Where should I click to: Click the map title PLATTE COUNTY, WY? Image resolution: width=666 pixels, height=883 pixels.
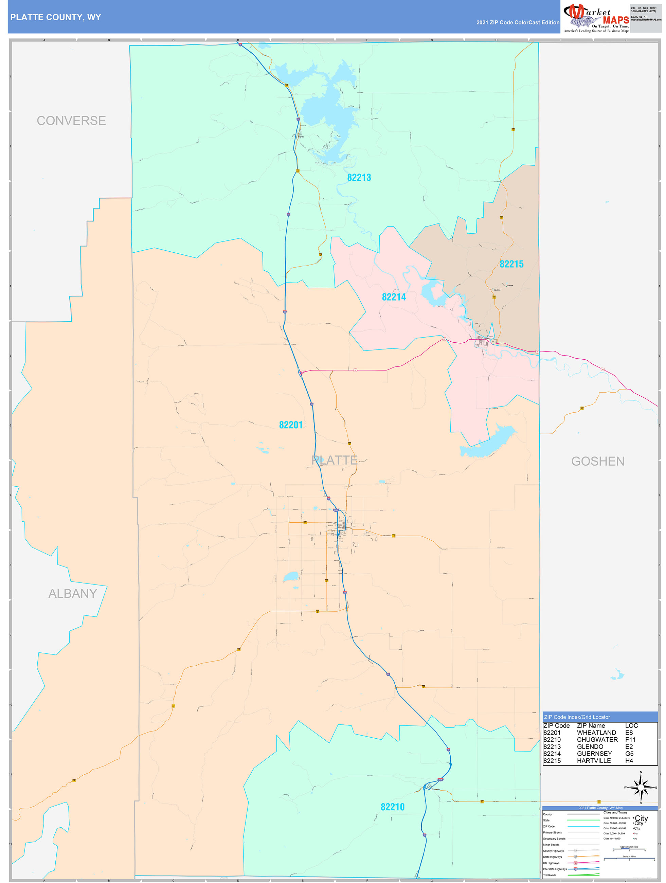(x=55, y=17)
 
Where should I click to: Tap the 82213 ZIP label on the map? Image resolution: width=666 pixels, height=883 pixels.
(x=359, y=178)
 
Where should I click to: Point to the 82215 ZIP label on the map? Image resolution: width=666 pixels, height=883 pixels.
(x=511, y=264)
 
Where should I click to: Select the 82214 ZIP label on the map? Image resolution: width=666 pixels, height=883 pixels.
(x=393, y=297)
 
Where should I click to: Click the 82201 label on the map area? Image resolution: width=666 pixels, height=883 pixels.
(x=291, y=425)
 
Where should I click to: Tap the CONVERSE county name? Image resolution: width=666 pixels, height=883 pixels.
(x=71, y=121)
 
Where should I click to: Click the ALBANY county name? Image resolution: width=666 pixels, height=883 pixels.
(x=72, y=594)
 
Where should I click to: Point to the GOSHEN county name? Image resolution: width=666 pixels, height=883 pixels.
(x=597, y=462)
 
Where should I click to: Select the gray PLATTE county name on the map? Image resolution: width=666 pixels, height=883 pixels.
(x=334, y=460)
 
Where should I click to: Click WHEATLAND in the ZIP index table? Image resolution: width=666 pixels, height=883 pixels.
(x=596, y=733)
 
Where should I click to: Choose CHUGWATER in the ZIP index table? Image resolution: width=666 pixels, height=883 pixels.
(x=597, y=740)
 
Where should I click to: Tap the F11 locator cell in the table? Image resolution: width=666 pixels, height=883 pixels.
(x=630, y=740)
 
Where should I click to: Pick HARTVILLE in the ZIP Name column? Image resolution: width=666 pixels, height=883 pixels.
(x=593, y=761)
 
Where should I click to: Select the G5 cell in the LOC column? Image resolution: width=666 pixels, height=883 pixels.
(x=629, y=754)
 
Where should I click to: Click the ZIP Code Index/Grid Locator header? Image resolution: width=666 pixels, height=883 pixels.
(x=577, y=717)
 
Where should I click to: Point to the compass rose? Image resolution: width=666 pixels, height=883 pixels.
(x=641, y=788)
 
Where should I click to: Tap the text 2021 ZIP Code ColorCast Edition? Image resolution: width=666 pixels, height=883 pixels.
(x=518, y=22)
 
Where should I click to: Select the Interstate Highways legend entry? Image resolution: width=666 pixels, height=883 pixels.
(x=555, y=869)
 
